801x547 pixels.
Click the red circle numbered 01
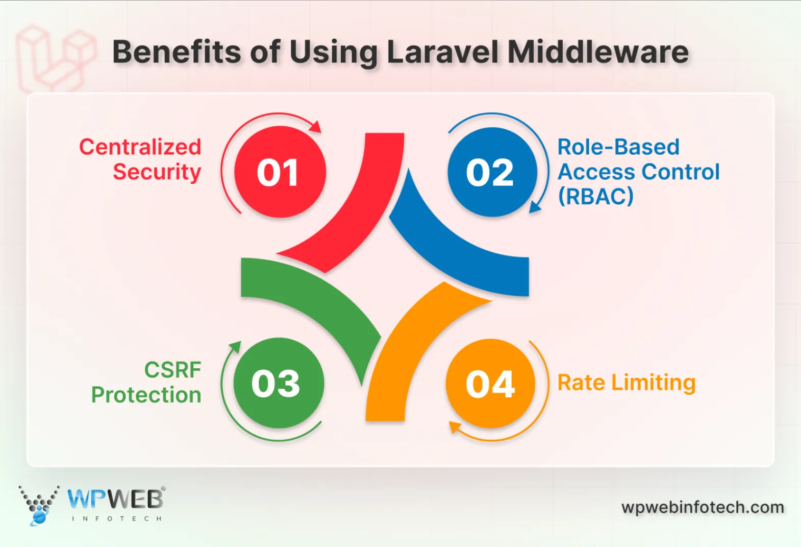coord(280,172)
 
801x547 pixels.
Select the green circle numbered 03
coord(279,383)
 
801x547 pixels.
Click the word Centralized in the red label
coord(140,147)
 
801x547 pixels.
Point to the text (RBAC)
coord(596,196)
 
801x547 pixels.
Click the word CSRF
coord(172,370)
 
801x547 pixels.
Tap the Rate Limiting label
coord(627,383)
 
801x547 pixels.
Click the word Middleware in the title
coord(598,52)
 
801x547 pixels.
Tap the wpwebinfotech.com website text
coord(703,507)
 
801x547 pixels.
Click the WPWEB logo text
coord(115,499)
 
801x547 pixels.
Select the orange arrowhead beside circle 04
coord(455,427)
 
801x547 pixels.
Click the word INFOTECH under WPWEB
coord(117,518)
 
